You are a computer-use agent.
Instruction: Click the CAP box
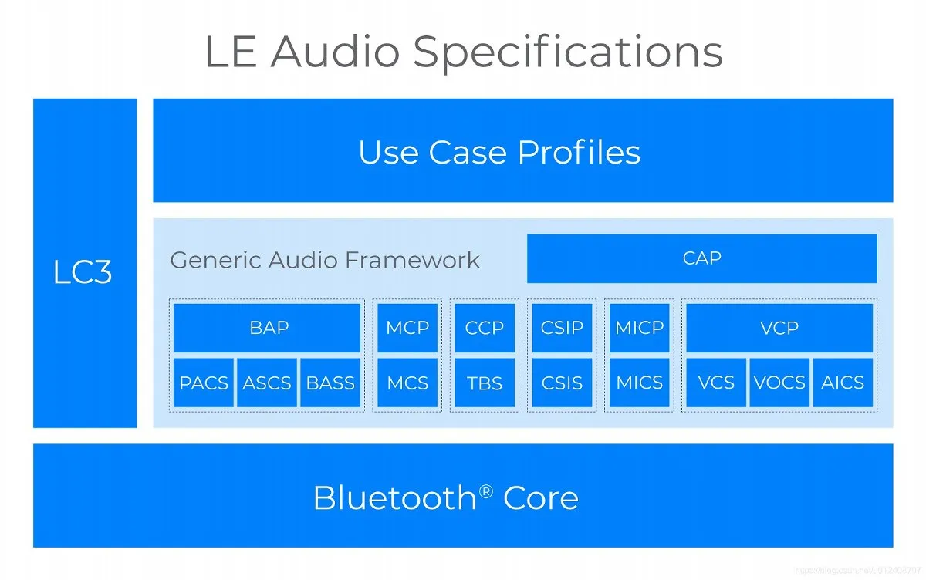point(702,258)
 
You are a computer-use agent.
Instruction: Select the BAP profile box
point(267,328)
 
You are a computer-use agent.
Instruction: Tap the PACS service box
point(204,383)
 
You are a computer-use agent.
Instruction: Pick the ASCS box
point(267,383)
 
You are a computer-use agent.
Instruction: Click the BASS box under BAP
point(330,383)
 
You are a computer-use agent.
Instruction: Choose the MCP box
point(407,328)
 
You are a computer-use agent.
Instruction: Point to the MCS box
point(407,383)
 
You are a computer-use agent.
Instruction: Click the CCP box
point(485,328)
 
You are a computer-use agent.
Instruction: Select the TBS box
point(485,383)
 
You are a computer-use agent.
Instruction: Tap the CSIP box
point(562,328)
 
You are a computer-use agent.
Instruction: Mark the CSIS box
point(562,383)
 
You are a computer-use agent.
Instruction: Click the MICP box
point(639,328)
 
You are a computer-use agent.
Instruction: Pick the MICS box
point(639,383)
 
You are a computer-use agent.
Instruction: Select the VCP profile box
point(779,328)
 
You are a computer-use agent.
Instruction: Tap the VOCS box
point(779,383)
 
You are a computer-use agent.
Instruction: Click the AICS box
point(843,383)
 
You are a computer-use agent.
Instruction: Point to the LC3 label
point(83,271)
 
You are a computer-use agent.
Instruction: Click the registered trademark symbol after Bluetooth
point(486,491)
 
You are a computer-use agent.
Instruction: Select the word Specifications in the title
point(568,53)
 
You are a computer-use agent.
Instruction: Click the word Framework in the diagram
point(412,260)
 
